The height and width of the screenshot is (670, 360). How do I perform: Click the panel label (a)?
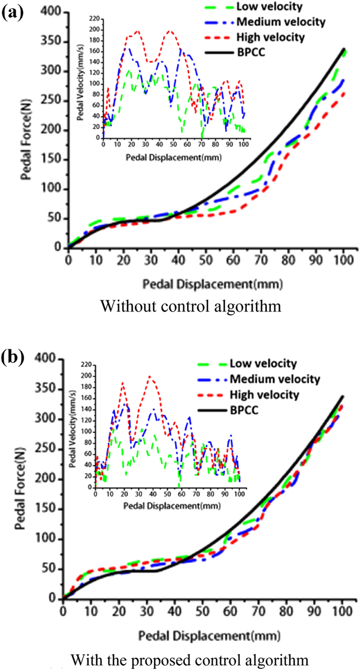pos(12,12)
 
